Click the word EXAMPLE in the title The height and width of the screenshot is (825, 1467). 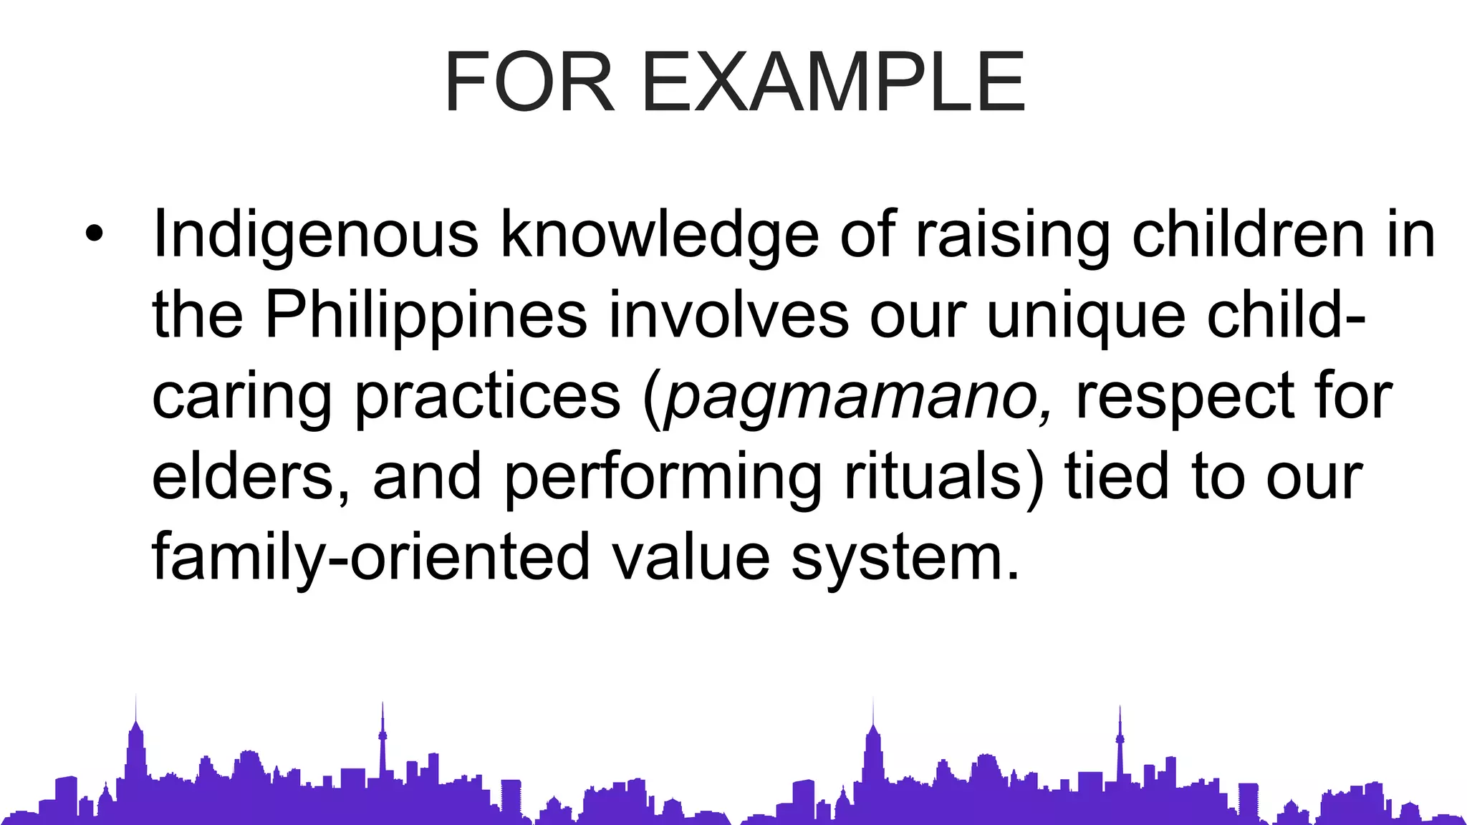coord(834,82)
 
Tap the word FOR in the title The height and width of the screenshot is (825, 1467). coord(529,82)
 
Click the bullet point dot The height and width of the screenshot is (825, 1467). coord(94,233)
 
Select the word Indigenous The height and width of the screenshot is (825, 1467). coord(315,235)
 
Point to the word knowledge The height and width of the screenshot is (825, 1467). coord(659,235)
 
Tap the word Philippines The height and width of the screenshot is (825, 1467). coord(426,315)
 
